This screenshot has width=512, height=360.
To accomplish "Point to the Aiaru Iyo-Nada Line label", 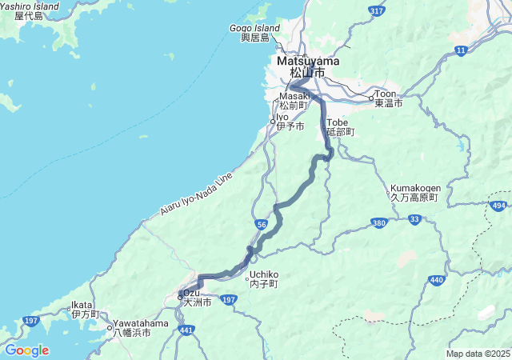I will [196, 194].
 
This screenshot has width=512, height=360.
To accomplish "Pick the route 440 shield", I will [436, 280].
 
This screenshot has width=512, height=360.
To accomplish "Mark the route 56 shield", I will [262, 226].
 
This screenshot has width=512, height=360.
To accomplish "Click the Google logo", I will [26, 350].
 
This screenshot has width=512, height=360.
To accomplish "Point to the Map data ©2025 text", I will [477, 354].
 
